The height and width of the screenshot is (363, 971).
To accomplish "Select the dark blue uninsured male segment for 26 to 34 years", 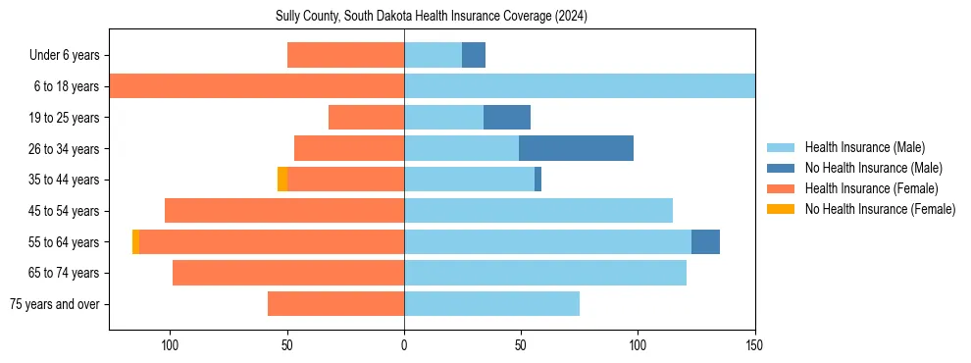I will (x=576, y=148).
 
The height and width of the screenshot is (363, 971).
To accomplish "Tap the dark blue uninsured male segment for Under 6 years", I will (x=474, y=55).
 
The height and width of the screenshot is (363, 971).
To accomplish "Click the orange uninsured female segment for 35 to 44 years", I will (x=282, y=180).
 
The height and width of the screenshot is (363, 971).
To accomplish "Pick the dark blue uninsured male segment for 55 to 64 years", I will (x=705, y=241).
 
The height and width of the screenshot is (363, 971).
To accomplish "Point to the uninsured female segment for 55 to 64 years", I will (x=136, y=241).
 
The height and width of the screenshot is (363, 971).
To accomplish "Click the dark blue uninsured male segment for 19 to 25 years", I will (x=507, y=118).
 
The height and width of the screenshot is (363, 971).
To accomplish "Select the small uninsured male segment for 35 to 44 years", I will (x=537, y=180).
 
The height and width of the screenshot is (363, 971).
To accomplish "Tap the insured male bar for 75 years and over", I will (x=491, y=304).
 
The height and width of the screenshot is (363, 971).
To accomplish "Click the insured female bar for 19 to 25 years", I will (x=366, y=118).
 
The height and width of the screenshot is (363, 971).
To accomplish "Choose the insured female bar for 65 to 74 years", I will (x=288, y=273).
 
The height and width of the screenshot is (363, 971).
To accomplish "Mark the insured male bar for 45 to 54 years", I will (x=538, y=211).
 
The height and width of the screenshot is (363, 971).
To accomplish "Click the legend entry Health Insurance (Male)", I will (x=864, y=147).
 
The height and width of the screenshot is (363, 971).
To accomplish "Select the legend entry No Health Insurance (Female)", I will (x=880, y=209).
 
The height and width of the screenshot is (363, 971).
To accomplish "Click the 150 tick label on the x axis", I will (x=755, y=345).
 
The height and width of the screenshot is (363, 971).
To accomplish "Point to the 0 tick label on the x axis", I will (x=404, y=345).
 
